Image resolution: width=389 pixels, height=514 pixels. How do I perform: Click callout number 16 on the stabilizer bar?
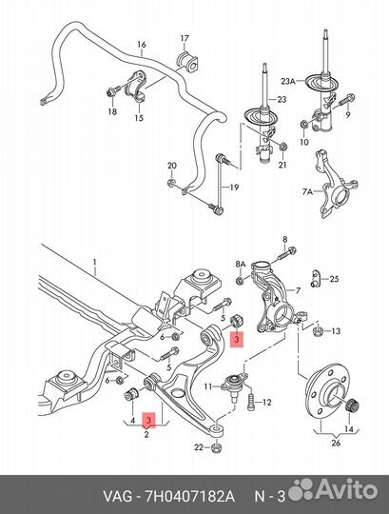142,44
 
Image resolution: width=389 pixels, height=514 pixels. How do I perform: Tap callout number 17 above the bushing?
185,38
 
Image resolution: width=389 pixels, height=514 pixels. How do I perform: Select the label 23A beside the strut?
288,81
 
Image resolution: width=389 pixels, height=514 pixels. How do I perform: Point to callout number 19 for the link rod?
234,188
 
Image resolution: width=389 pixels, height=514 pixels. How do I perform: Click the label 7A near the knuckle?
307,191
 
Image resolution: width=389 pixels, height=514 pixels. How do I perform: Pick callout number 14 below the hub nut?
349,428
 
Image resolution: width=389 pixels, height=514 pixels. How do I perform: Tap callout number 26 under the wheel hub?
336,443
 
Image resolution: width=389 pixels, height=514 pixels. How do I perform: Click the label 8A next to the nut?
241,265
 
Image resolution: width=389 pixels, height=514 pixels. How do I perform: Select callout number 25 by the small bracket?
334,279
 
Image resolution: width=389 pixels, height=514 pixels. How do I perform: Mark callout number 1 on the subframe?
94,263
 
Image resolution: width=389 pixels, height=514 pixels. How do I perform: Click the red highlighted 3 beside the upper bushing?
237,339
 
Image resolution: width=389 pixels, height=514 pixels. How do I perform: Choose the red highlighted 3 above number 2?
148,421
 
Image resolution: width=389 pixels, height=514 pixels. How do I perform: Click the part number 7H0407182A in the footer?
188,496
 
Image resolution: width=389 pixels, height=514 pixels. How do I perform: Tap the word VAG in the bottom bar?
118,496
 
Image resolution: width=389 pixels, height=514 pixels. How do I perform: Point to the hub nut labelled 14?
353,405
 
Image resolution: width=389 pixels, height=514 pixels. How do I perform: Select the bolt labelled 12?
251,402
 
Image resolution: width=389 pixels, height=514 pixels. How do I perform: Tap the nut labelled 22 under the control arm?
216,446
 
